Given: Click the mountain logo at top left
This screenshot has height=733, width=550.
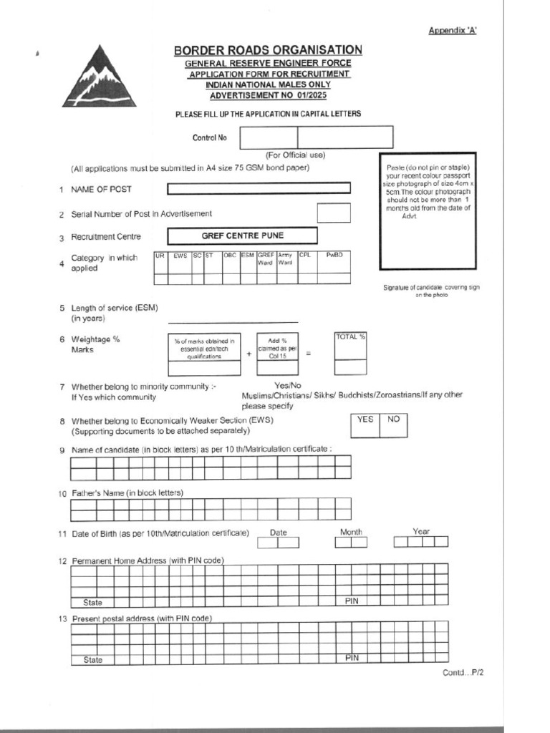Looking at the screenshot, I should (99, 77).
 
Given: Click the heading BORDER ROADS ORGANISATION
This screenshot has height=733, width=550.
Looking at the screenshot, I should (268, 49).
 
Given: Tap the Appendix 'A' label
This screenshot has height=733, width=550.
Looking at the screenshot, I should (453, 30).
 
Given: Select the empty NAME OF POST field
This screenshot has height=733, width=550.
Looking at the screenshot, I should (259, 188).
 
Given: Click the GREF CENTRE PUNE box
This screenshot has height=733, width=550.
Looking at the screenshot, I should (241, 236).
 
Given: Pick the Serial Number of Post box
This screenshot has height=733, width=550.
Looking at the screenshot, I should (334, 213).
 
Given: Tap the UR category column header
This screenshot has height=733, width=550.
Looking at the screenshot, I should (160, 255).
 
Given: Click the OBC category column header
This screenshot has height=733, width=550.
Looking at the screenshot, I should (230, 255).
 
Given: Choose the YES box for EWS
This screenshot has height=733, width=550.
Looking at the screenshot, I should (365, 419).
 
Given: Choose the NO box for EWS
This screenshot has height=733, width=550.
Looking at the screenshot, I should (393, 419).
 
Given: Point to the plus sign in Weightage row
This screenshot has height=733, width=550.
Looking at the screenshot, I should (249, 354).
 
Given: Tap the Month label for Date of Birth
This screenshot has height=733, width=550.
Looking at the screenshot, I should (351, 532).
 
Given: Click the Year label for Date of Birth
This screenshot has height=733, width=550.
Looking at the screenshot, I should (421, 532).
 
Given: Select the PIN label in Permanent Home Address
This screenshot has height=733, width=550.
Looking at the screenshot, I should (351, 601).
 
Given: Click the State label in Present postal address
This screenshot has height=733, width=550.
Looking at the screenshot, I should (93, 659).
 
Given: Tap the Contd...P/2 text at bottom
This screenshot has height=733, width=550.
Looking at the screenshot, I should (463, 674).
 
